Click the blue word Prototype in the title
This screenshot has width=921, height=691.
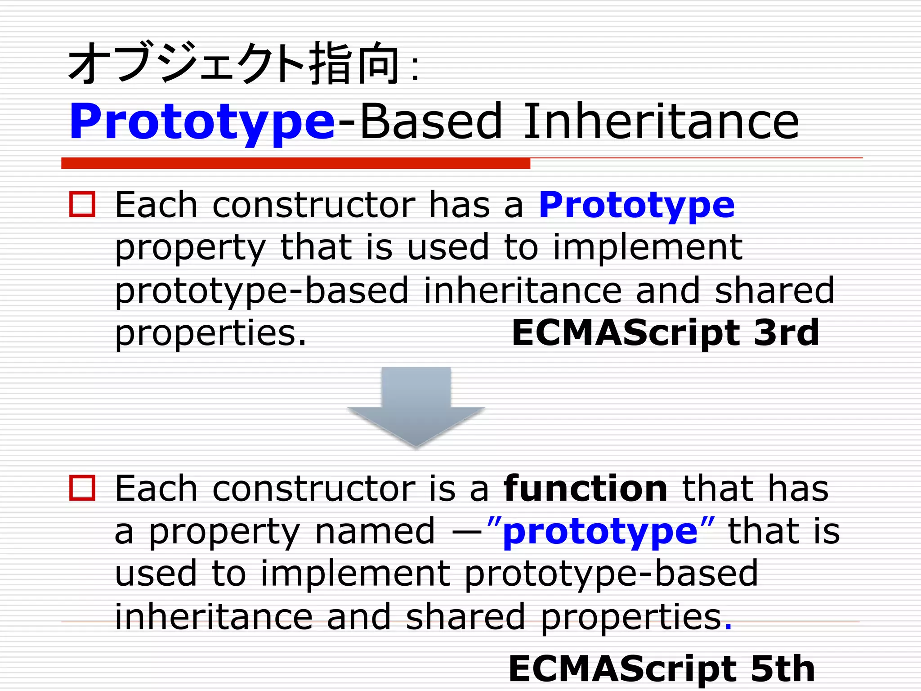tap(202, 121)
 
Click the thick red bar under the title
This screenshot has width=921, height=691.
tap(295, 163)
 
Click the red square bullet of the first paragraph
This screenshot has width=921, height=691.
tap(82, 205)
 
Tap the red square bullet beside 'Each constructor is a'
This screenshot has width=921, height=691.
tap(82, 488)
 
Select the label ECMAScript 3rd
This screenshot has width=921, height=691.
tap(665, 333)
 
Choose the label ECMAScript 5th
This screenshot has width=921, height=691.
tap(662, 669)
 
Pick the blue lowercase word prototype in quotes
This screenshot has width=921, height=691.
tap(600, 532)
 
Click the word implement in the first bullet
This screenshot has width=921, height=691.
tap(647, 247)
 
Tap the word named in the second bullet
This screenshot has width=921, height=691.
tap(375, 531)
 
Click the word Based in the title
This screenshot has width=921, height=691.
tap(431, 121)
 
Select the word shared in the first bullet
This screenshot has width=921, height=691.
tap(774, 290)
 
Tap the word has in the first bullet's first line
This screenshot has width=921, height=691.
tap(459, 205)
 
